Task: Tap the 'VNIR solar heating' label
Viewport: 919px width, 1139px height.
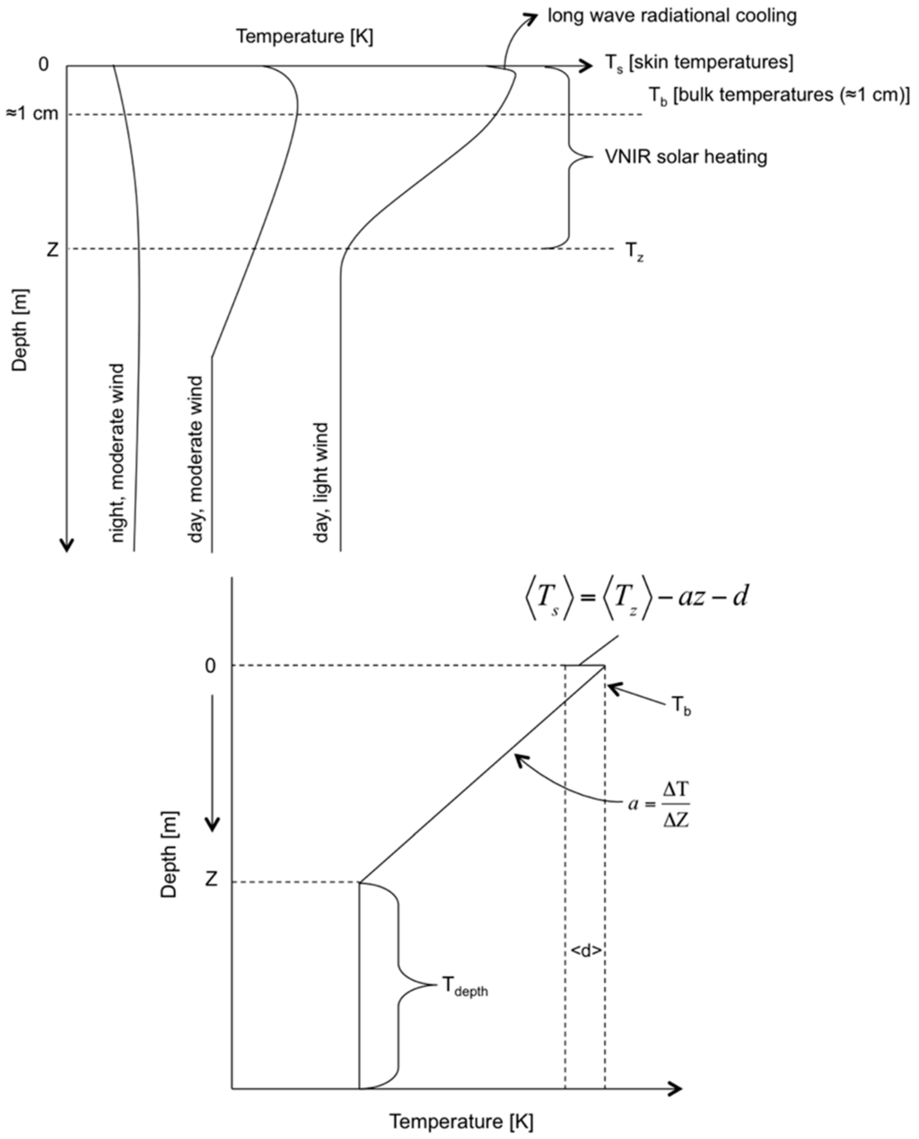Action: click(684, 157)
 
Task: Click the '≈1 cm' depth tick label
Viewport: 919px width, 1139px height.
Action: click(31, 114)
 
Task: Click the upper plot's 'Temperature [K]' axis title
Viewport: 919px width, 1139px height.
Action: click(303, 38)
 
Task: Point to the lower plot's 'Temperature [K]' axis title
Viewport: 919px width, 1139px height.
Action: click(460, 1121)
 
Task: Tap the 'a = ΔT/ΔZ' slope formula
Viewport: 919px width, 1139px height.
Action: click(659, 802)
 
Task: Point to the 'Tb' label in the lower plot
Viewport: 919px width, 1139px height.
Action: click(681, 707)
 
